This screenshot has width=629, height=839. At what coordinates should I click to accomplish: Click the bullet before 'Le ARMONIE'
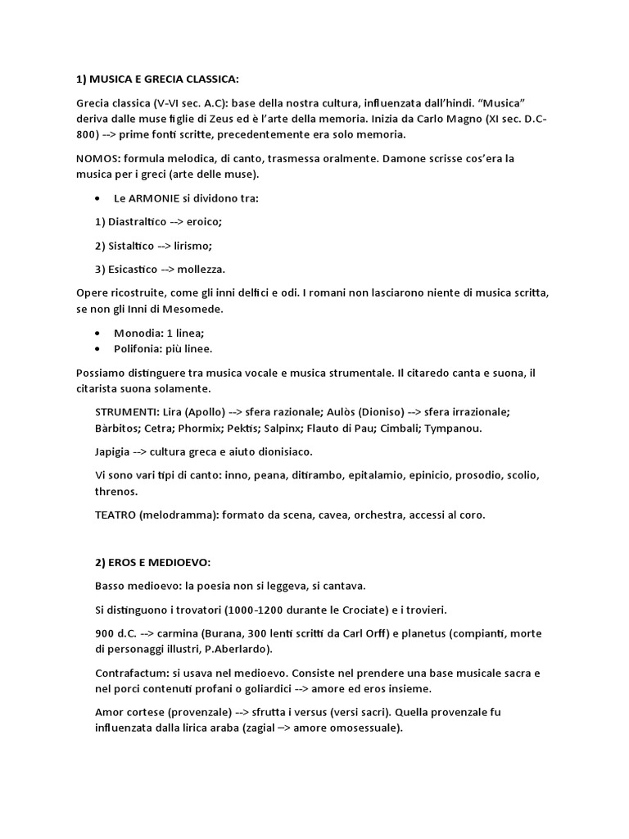coord(97,199)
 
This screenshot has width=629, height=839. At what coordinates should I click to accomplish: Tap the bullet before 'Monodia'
coord(97,333)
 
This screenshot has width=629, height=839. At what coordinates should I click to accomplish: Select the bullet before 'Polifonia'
coord(97,349)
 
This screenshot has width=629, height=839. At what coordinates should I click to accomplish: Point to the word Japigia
coord(115,451)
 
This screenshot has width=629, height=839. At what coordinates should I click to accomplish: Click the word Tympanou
coord(454,428)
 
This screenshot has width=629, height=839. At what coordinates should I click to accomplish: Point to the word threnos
coord(117,492)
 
